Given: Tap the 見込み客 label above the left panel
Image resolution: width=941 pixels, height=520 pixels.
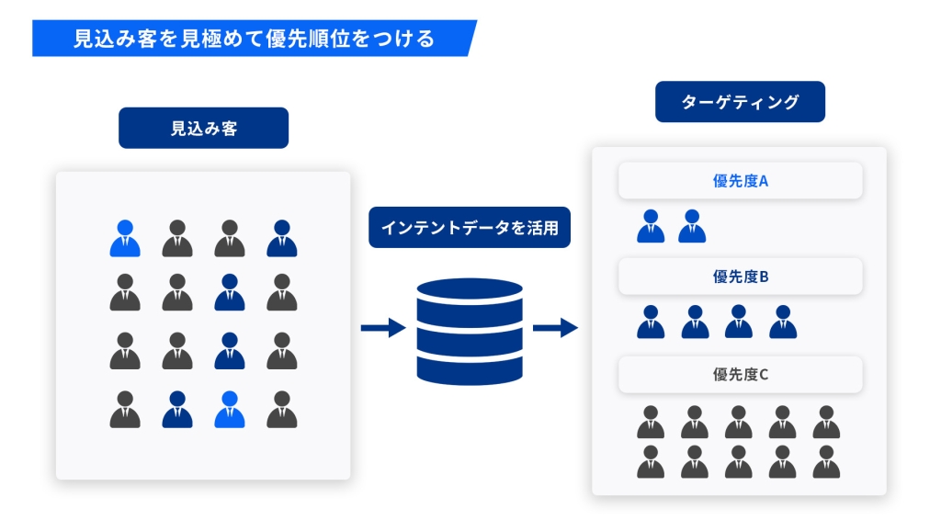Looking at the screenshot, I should (x=203, y=129).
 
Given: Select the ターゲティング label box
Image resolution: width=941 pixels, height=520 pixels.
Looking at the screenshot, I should (x=740, y=102).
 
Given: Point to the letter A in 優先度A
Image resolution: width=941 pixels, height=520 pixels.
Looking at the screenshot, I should (x=763, y=181).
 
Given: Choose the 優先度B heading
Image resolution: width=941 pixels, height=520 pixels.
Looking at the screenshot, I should (x=740, y=276).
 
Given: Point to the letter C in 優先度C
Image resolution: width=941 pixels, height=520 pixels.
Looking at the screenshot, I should (x=764, y=375).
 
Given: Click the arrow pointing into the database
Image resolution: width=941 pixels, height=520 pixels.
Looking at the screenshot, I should (x=383, y=328).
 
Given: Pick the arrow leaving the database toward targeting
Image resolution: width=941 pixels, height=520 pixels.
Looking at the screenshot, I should (x=555, y=328).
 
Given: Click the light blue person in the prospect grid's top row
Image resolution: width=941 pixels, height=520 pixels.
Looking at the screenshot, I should (x=125, y=239).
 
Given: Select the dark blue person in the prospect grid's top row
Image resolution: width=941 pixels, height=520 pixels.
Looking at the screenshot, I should (x=282, y=239).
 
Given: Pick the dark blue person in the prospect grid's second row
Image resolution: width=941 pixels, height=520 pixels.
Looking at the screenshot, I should (x=230, y=293).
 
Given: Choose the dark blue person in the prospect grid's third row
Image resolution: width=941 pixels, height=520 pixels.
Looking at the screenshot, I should (x=230, y=352).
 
